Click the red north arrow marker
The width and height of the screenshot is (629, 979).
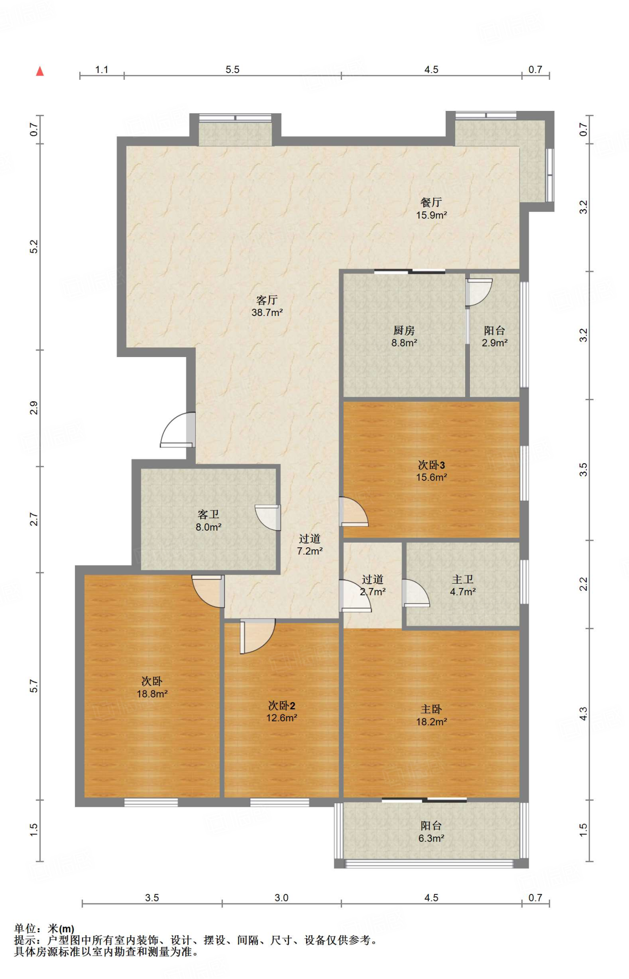(40, 71)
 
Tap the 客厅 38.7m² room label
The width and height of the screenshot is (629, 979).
(267, 306)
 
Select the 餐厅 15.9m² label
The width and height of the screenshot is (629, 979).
(431, 208)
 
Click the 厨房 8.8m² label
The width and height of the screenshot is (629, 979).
(404, 336)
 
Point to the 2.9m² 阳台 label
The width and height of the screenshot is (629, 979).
(494, 336)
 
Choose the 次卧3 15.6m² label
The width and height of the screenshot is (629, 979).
(431, 471)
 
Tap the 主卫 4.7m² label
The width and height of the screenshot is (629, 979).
(462, 585)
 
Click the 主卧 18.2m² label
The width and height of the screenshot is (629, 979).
(431, 715)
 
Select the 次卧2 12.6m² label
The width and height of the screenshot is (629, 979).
(281, 711)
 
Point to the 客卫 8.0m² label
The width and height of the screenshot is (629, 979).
(208, 521)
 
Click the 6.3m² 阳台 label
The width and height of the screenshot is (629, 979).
(431, 832)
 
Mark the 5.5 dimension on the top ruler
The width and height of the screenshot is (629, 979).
(232, 70)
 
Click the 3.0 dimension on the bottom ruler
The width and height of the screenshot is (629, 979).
(281, 898)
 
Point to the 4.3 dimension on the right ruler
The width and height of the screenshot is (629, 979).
(583, 714)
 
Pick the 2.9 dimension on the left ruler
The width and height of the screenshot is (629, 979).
(33, 408)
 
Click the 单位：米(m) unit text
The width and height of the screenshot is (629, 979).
(44, 928)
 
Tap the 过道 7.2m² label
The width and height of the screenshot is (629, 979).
(309, 544)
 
